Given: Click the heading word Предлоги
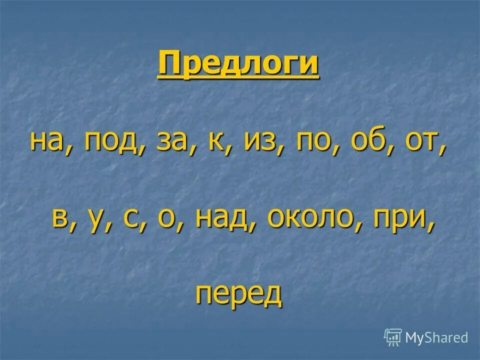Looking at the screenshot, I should [238, 64].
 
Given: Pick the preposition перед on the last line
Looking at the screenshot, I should [238, 295].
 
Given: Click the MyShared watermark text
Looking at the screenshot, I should [436, 337].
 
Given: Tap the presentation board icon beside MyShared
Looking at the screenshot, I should [393, 337].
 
